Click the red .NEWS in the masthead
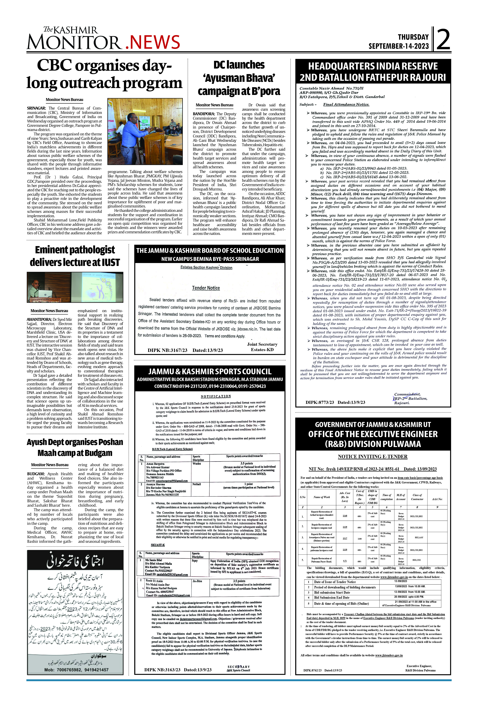coord(152,42)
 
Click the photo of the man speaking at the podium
coord(145,132)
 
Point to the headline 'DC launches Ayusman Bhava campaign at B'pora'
coord(239,78)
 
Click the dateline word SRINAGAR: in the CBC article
coord(36,108)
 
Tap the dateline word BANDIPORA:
coord(204,114)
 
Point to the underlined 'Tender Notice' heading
coord(206,288)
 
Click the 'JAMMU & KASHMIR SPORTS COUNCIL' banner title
coord(210,372)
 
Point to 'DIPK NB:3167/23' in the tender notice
coord(167,350)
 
